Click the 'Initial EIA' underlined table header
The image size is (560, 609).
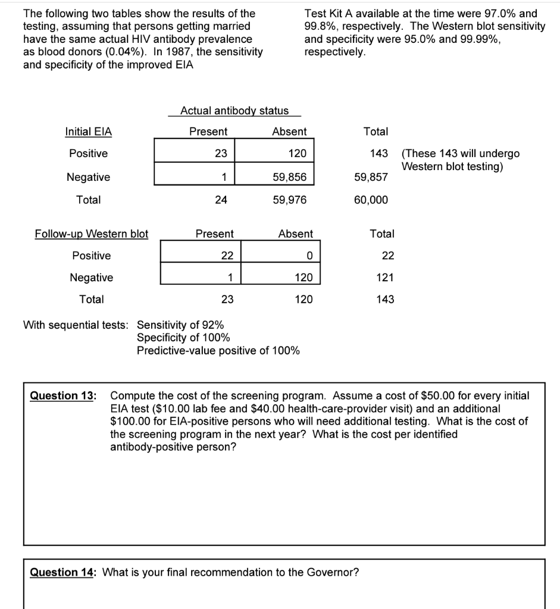tap(88, 131)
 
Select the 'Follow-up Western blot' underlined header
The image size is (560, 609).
tap(92, 234)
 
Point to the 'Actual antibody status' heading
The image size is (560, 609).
tap(234, 110)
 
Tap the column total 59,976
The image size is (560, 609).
tap(290, 200)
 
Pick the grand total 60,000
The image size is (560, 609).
tap(371, 200)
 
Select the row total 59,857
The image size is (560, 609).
tap(371, 177)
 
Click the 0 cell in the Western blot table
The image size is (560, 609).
tap(309, 256)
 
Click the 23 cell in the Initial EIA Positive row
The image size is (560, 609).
tap(221, 153)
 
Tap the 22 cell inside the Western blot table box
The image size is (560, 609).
tap(227, 256)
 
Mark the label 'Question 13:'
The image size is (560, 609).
tap(62, 395)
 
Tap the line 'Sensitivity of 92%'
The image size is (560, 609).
tap(180, 325)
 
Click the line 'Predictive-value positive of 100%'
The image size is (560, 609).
tap(218, 350)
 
